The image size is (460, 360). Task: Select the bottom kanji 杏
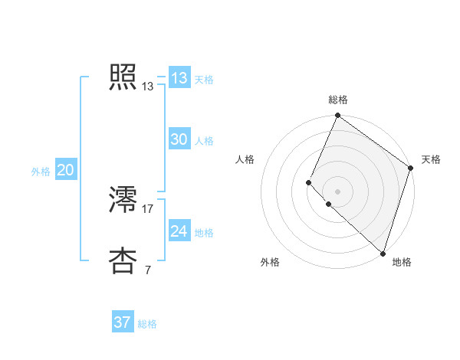(x=123, y=260)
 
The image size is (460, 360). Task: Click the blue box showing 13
(x=179, y=78)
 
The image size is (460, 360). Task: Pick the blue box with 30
(x=179, y=139)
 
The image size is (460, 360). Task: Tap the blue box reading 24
(x=179, y=231)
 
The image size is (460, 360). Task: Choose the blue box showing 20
(x=65, y=170)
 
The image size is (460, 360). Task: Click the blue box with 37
(x=122, y=322)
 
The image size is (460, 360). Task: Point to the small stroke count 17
(x=148, y=208)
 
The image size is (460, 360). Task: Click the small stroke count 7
(x=147, y=270)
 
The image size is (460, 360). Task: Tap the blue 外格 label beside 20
(x=41, y=172)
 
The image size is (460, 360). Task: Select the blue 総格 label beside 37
(x=147, y=324)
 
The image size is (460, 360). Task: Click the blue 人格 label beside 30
(x=204, y=141)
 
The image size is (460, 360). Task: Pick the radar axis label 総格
(x=338, y=100)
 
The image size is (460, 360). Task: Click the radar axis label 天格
(x=431, y=159)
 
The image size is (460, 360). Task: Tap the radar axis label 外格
(x=270, y=263)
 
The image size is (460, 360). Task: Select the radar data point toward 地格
(x=383, y=253)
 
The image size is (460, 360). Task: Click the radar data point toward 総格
(x=337, y=116)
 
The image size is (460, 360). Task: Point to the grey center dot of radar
(x=337, y=191)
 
